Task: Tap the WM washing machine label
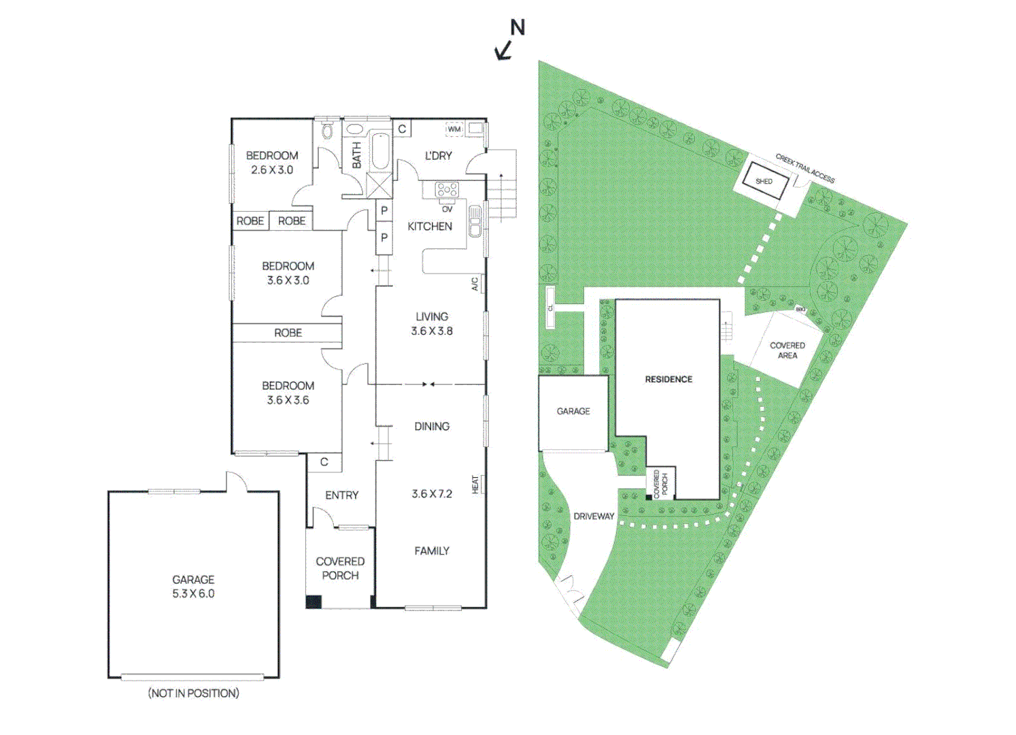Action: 454,129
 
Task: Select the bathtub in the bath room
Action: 379,151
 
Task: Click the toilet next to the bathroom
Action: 327,131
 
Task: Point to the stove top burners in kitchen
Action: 447,189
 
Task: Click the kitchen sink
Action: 475,222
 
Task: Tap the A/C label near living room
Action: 475,284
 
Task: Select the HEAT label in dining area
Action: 475,485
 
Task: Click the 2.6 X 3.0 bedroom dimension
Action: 272,170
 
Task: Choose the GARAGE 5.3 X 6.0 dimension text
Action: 193,593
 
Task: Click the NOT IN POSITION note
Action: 194,693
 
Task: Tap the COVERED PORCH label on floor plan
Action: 340,568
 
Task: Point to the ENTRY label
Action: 341,495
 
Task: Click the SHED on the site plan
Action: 764,182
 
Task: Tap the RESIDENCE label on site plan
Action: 668,379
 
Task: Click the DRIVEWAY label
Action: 594,516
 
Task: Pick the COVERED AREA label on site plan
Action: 787,350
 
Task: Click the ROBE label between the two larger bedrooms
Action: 288,333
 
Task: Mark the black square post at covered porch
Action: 313,602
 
